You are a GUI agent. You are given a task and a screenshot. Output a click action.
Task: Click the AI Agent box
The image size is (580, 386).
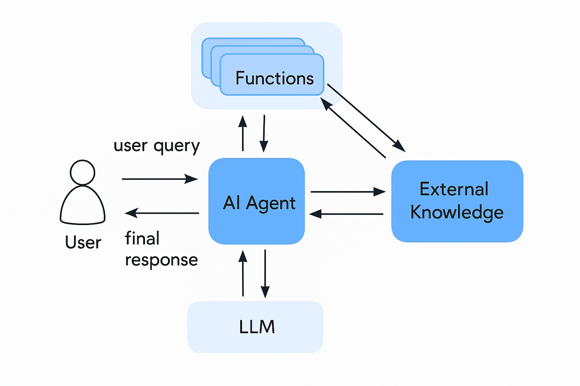point(256,201)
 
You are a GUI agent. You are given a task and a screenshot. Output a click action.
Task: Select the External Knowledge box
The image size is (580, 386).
point(457,201)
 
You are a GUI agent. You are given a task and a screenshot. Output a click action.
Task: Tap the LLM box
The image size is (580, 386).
point(255,326)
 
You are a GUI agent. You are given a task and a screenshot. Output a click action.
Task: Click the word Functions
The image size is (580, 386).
point(275,78)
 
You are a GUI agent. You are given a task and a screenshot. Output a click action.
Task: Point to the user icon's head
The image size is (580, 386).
point(82,172)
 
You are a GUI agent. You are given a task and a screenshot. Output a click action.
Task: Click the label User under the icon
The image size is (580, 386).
point(83,242)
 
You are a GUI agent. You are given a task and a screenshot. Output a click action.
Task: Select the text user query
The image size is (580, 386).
point(157,146)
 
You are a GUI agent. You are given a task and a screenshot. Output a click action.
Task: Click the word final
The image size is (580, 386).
point(142,239)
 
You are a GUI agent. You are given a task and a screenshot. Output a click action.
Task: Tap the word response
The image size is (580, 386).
point(161,260)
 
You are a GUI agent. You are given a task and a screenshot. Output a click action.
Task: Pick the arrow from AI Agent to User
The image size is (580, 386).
point(162,213)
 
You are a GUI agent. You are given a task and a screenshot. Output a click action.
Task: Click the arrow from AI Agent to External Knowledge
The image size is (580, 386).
point(347,192)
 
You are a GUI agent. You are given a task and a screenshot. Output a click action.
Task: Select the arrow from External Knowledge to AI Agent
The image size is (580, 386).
point(347,214)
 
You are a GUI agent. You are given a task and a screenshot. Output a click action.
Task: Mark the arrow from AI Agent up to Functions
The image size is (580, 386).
point(243,133)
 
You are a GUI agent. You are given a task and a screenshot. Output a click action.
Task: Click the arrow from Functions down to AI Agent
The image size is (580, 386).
point(264,133)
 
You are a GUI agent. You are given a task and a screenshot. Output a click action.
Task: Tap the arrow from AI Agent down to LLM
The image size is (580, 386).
point(265,273)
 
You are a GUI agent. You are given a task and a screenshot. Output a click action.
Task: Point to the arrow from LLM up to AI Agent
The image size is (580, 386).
point(243,273)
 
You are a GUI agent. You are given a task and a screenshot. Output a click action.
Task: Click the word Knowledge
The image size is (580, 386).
point(457,212)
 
